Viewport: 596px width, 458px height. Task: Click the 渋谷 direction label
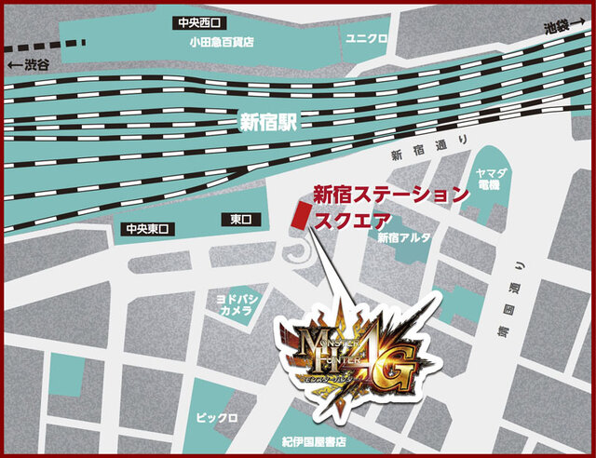click(32, 65)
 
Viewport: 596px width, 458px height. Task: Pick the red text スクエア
click(349, 222)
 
